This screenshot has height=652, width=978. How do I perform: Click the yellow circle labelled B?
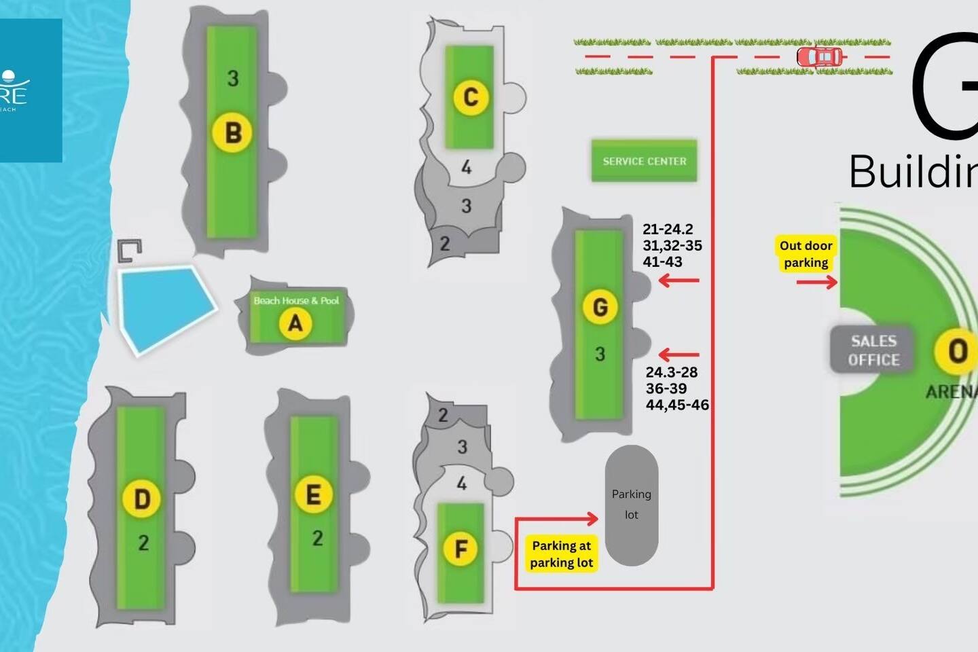232,132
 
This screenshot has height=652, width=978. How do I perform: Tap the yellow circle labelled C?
470,97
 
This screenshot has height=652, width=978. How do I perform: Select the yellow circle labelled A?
295,323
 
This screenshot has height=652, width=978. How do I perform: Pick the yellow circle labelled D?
141,499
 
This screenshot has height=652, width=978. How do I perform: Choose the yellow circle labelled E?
313,494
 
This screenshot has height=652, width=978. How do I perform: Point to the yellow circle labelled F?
461,548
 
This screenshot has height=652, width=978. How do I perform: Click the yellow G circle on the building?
600,307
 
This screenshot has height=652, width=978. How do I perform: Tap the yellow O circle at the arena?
956,351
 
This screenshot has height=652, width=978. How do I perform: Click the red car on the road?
821,57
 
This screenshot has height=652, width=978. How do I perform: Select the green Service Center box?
644,161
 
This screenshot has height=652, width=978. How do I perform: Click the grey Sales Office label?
873,350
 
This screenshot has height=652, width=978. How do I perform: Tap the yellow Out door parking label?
805,254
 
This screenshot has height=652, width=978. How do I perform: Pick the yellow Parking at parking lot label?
562,554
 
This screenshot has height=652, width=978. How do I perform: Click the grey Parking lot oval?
632,505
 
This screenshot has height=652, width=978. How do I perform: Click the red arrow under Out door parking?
816,282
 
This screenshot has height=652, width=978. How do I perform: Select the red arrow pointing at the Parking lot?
577,520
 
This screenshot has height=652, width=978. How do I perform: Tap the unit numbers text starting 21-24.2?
672,245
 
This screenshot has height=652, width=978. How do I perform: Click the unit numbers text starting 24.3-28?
676,388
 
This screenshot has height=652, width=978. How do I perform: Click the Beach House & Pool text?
296,300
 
